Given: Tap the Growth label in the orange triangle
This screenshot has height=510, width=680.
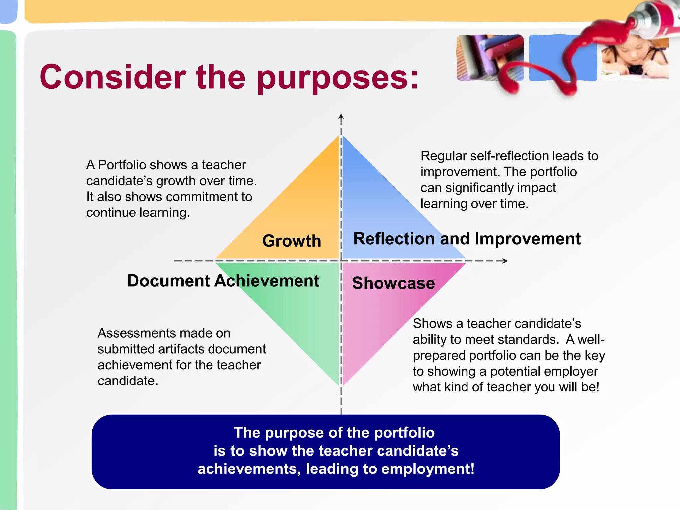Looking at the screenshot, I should tap(292, 241).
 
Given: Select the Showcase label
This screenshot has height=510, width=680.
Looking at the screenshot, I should tap(393, 283).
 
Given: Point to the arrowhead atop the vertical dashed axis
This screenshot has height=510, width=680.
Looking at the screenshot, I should tap(341, 116).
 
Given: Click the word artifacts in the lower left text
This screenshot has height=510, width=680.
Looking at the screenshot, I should tap(181, 349).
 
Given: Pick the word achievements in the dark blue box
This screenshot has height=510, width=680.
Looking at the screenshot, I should tap(249, 469).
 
